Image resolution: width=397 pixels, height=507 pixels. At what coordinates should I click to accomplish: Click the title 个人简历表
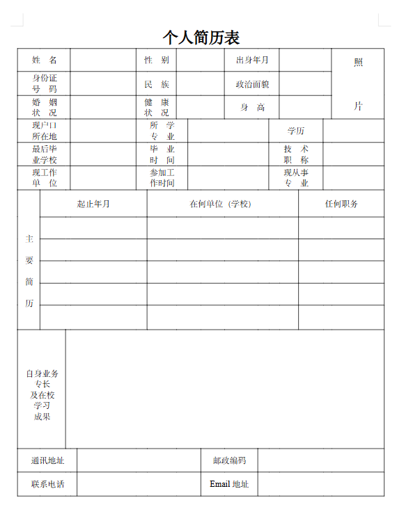(x=201, y=37)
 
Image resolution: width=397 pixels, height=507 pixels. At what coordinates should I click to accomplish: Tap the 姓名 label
(x=44, y=61)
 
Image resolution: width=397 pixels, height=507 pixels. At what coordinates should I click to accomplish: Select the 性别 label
(x=156, y=61)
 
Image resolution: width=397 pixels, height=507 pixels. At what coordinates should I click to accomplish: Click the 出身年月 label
(x=251, y=61)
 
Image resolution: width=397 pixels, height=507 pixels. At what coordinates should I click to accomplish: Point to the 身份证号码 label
(x=44, y=83)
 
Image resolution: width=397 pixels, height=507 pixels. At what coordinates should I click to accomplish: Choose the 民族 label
(x=156, y=84)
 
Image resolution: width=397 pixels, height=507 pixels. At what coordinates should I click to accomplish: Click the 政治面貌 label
(x=251, y=84)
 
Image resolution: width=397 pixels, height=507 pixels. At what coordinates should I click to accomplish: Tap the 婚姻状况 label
(x=44, y=107)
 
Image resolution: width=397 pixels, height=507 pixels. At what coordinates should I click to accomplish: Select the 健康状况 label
(x=156, y=107)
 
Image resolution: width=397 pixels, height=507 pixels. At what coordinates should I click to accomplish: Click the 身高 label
(x=252, y=107)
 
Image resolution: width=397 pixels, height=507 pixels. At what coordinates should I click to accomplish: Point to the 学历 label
(x=295, y=131)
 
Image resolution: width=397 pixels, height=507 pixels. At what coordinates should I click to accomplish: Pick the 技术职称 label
(x=295, y=154)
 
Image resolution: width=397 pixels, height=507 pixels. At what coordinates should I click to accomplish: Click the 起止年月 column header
(x=93, y=204)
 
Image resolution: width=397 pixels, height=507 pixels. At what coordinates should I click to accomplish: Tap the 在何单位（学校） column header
(x=222, y=204)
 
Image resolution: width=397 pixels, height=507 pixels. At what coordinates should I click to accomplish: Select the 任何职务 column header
(x=341, y=204)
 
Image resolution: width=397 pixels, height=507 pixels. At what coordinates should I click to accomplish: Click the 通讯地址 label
(x=47, y=460)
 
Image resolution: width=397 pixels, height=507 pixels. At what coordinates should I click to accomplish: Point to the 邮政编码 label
(x=229, y=460)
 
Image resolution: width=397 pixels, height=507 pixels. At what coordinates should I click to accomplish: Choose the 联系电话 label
(x=47, y=484)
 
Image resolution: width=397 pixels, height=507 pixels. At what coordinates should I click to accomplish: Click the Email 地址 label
(x=229, y=484)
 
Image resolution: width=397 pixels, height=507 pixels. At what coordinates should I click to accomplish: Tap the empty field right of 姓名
(x=102, y=61)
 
